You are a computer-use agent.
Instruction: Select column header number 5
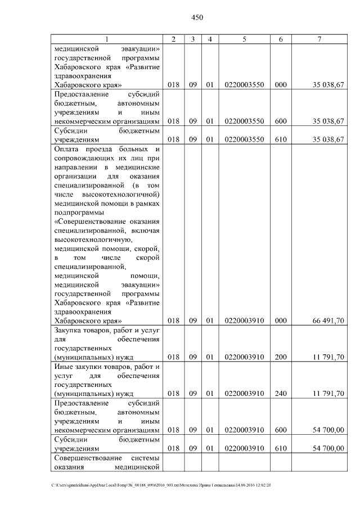(244, 39)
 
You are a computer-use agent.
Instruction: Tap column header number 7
(319, 39)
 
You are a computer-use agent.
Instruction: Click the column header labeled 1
(107, 39)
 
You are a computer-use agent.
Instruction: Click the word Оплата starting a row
(67, 149)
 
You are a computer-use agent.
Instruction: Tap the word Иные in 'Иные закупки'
(64, 367)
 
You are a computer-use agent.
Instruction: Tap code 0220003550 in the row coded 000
(244, 85)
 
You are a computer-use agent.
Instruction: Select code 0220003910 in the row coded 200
(244, 357)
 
